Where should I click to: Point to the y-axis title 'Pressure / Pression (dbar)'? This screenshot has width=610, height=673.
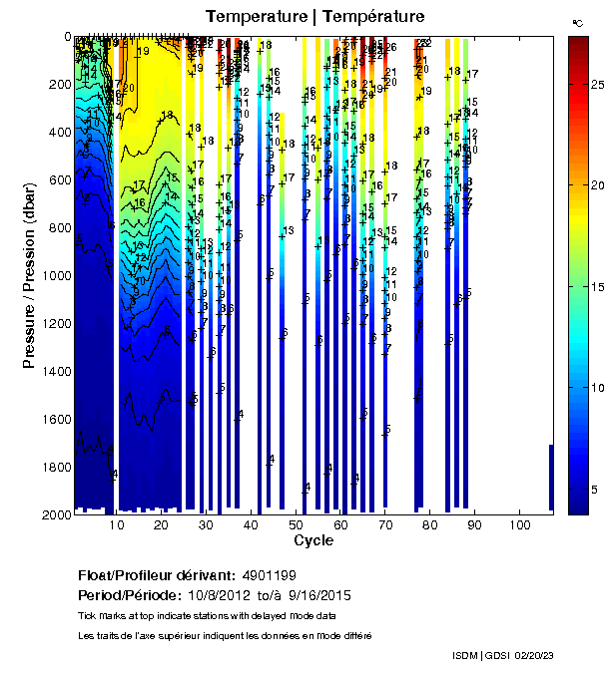click(29, 274)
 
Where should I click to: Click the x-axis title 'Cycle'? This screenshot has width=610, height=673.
click(313, 540)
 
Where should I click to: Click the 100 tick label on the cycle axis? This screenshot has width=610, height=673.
click(519, 523)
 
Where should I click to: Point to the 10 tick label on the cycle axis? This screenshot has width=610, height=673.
click(118, 523)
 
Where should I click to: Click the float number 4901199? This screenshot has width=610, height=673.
click(269, 576)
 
